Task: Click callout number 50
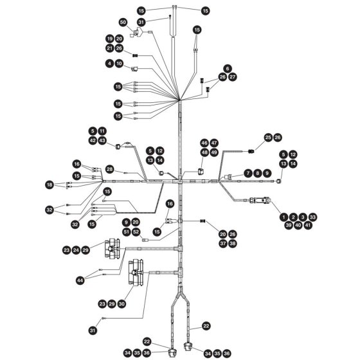(123, 22)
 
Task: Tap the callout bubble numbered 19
(110, 39)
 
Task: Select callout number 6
(228, 68)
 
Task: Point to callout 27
(233, 77)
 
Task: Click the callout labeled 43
(102, 141)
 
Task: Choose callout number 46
(204, 143)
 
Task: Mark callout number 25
(268, 138)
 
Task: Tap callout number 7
(248, 173)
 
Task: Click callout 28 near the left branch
(110, 170)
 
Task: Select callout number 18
(50, 184)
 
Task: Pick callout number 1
(283, 217)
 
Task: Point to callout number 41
(308, 225)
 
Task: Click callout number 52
(136, 231)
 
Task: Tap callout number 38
(233, 244)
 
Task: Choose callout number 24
(76, 250)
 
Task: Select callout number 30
(122, 304)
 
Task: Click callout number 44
(80, 280)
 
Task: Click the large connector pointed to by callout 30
(136, 273)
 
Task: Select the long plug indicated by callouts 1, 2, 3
(260, 200)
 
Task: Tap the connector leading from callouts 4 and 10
(134, 69)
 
